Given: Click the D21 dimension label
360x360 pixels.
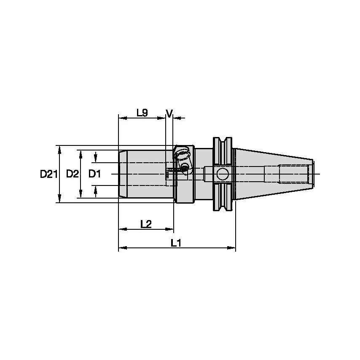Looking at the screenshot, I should pyautogui.click(x=48, y=174).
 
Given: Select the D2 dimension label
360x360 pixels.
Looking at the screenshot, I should pyautogui.click(x=73, y=174).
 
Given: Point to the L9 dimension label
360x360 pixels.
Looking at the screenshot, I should pyautogui.click(x=142, y=113).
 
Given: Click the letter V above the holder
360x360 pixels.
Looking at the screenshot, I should pyautogui.click(x=169, y=113).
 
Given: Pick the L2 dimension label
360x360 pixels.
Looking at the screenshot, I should pyautogui.click(x=145, y=224).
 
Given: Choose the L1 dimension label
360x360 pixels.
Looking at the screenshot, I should pyautogui.click(x=176, y=243).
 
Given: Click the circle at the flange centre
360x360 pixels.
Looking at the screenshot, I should pyautogui.click(x=222, y=173).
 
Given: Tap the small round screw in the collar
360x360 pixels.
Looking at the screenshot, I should pyautogui.click(x=184, y=168).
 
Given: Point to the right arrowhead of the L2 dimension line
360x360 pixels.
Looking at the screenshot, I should pyautogui.click(x=170, y=229).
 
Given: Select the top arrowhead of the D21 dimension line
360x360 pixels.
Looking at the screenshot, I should pyautogui.click(x=59, y=148).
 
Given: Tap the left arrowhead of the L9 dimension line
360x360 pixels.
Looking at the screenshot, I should pyautogui.click(x=122, y=118).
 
